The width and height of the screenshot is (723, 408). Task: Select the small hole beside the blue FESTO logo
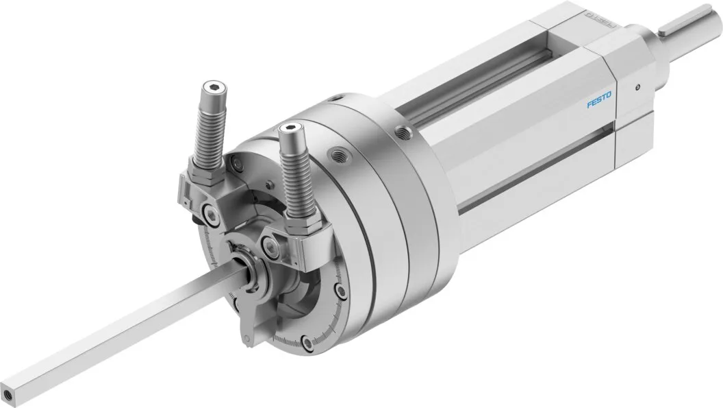637,87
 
